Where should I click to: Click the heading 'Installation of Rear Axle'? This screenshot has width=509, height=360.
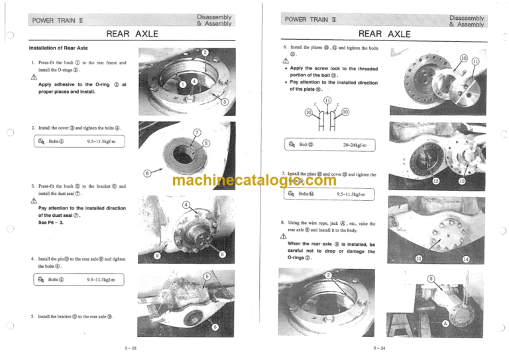click(57, 48)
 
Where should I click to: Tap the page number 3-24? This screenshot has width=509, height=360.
click(379, 348)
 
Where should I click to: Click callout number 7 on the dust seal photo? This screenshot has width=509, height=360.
click(197, 132)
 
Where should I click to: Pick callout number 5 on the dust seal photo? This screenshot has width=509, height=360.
click(207, 143)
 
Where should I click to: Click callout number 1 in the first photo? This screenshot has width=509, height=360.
click(182, 84)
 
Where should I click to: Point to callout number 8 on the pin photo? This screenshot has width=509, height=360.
click(223, 254)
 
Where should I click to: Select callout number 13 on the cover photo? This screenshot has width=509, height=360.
click(418, 257)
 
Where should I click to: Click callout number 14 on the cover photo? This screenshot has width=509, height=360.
click(466, 259)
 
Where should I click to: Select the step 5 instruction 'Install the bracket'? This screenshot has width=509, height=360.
click(75, 316)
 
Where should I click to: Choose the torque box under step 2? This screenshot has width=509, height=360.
click(78, 141)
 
